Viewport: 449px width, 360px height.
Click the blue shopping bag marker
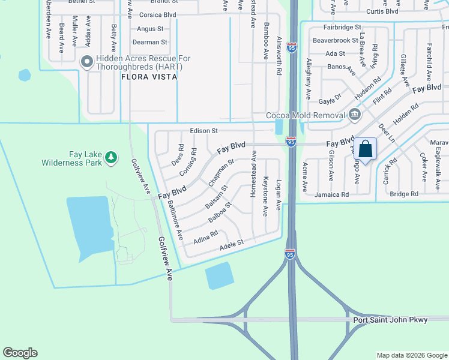[x=366, y=148]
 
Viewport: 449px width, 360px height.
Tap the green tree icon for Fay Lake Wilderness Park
[x=110, y=157]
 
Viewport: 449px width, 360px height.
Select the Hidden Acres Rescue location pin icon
[x=86, y=61]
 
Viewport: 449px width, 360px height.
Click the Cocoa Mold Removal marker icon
[x=355, y=115]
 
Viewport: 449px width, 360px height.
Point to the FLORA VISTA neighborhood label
[x=149, y=77]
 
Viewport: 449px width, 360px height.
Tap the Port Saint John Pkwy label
[x=390, y=320]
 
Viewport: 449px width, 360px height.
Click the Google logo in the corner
[x=20, y=353]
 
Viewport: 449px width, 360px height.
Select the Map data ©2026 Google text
[x=411, y=355]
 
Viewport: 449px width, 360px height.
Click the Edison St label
[x=203, y=131]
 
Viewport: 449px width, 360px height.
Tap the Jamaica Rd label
[x=331, y=195]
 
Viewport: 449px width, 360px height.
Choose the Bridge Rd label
[x=403, y=194]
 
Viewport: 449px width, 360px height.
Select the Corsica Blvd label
[x=158, y=14]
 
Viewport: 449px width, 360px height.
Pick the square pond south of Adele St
[x=220, y=276]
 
